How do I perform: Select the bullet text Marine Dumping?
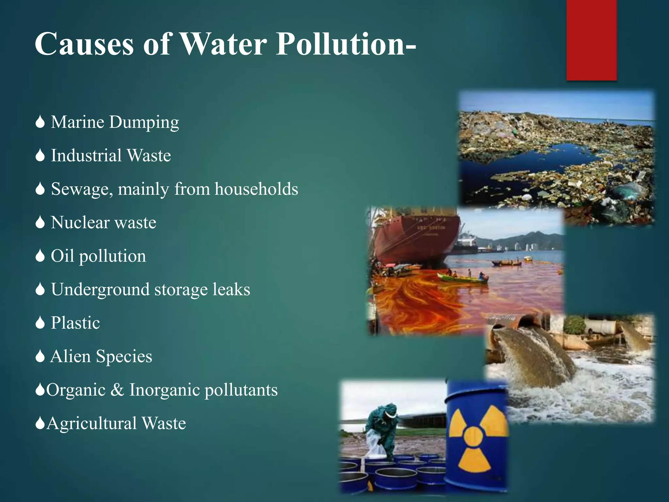click(115, 122)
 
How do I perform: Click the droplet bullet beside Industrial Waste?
click(40, 156)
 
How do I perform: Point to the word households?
click(256, 189)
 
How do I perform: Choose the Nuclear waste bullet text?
click(104, 223)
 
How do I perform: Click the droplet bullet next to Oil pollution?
click(40, 256)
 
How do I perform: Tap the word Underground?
click(100, 290)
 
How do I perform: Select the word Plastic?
click(75, 323)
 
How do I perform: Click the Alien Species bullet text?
click(101, 356)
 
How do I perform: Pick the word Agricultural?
click(91, 423)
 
